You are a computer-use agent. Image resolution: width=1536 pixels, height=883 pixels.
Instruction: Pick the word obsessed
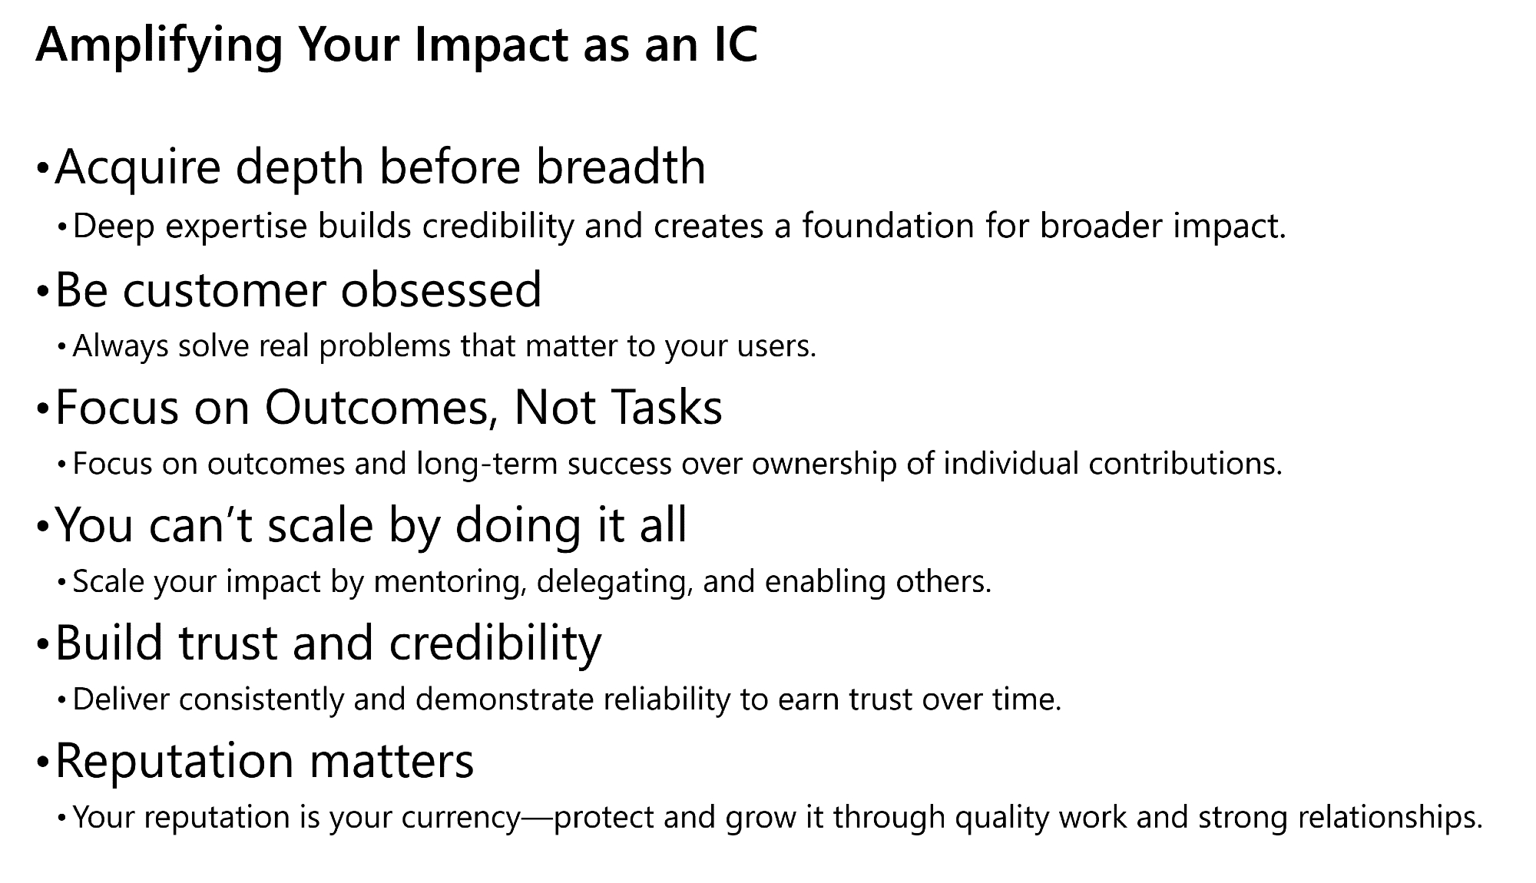click(x=442, y=290)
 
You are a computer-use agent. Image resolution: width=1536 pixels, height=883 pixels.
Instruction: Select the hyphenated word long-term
click(x=488, y=465)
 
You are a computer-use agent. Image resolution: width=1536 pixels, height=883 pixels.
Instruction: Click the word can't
click(x=200, y=526)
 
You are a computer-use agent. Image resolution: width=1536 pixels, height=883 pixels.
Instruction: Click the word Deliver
click(x=121, y=699)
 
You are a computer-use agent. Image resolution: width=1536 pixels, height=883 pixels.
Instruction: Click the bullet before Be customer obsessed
click(x=42, y=293)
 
